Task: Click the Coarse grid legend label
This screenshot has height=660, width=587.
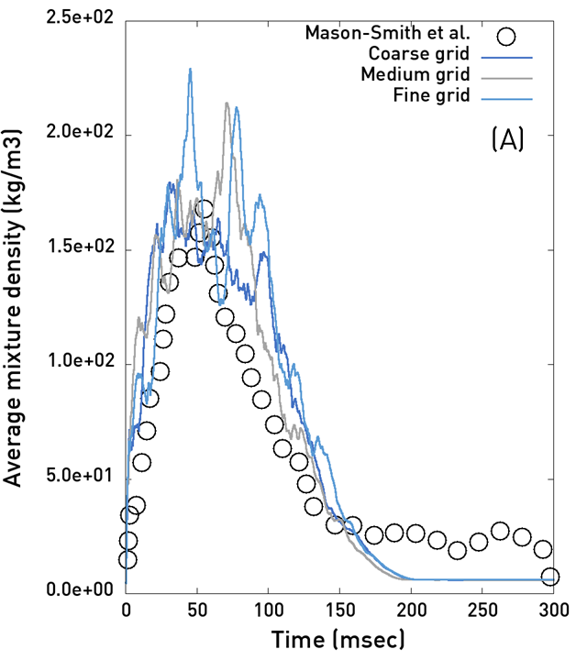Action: click(x=418, y=54)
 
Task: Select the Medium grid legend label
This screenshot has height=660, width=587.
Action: click(x=415, y=75)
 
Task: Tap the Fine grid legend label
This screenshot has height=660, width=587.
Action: click(x=431, y=95)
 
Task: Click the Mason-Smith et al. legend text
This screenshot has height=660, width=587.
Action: click(x=387, y=32)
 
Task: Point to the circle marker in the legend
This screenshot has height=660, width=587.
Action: click(x=505, y=37)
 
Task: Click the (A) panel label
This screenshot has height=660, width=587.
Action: click(x=508, y=139)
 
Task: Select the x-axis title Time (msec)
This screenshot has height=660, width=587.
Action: click(x=338, y=640)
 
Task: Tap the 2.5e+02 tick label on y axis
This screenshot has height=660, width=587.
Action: click(x=80, y=18)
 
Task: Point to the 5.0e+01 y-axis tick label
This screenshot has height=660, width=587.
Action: click(x=80, y=476)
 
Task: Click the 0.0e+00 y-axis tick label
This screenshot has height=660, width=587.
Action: click(x=80, y=589)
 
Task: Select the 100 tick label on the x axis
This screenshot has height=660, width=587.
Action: click(x=269, y=610)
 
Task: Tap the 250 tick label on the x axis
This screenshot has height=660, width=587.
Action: click(x=482, y=610)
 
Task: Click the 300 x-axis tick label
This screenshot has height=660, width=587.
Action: click(x=554, y=610)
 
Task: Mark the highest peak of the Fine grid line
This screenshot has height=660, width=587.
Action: click(x=191, y=69)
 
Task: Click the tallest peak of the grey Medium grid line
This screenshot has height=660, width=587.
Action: click(x=227, y=103)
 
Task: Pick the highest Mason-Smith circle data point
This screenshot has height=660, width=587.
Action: click(x=204, y=209)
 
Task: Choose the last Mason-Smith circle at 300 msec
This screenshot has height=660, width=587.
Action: click(x=550, y=577)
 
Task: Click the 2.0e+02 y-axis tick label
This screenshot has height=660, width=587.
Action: click(x=80, y=132)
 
